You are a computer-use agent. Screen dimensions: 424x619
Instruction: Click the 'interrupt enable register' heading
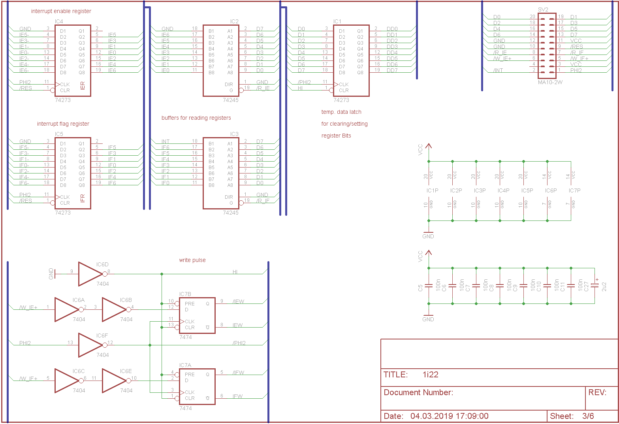(61, 11)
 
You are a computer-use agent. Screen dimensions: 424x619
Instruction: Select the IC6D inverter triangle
(90, 274)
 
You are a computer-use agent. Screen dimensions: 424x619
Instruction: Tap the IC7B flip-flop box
(197, 315)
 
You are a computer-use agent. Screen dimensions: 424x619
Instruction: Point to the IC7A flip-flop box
(197, 386)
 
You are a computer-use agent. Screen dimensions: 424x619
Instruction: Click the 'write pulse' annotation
(192, 260)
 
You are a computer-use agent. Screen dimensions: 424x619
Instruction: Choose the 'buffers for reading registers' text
(196, 118)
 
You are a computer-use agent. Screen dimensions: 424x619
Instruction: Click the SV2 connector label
(543, 9)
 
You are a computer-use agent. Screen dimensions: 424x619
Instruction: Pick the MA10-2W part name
(550, 82)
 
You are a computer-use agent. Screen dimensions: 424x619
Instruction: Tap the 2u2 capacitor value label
(604, 286)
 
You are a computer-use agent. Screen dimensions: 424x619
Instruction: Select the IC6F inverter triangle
(90, 345)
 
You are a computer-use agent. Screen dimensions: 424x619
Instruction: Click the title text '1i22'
(431, 375)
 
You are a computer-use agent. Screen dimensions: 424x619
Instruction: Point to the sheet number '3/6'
(588, 416)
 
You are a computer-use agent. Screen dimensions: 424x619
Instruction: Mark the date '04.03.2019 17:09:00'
(450, 416)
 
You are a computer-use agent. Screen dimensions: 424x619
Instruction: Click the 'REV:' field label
(597, 392)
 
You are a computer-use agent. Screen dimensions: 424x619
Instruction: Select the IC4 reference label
(59, 21)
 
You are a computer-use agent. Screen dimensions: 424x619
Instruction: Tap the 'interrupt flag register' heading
(63, 124)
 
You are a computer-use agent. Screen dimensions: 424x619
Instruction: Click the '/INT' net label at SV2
(498, 70)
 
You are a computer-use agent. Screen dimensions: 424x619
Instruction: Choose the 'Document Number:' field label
(418, 392)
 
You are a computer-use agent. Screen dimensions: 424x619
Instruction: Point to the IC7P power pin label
(575, 190)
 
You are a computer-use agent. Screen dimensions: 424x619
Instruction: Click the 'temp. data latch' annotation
(341, 112)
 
